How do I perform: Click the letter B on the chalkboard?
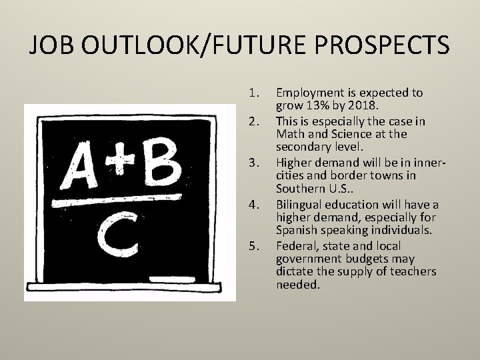point(161,164)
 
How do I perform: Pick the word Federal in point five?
point(297,246)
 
